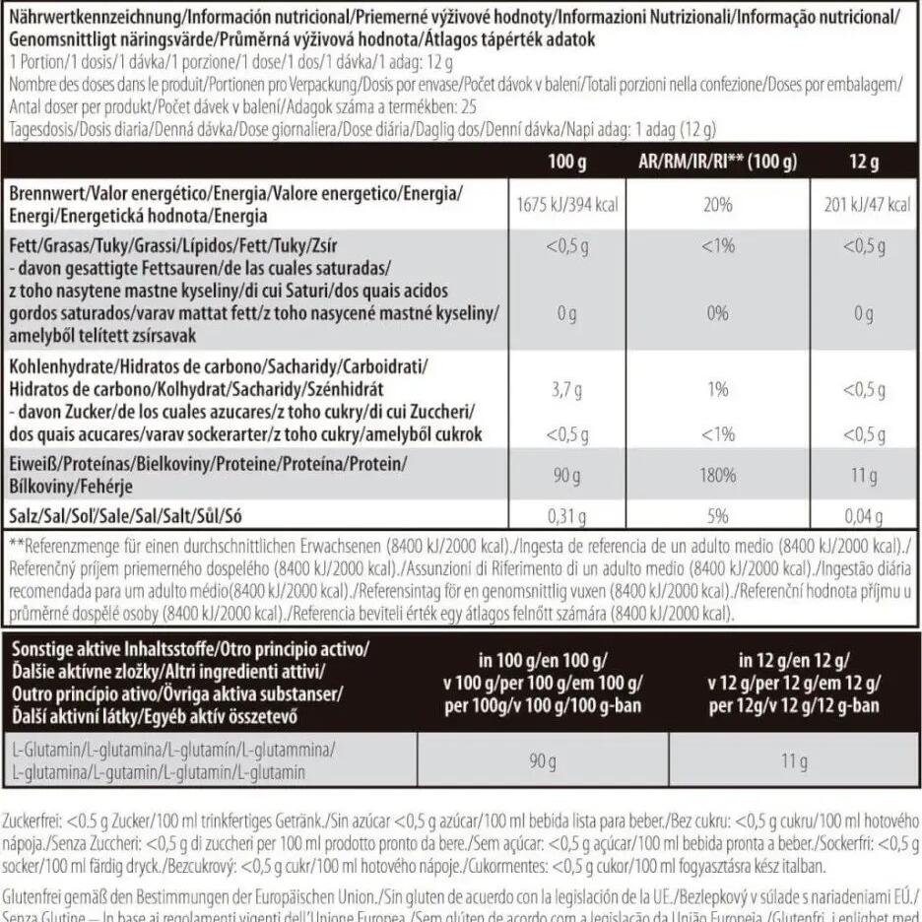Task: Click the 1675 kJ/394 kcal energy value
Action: pos(567,206)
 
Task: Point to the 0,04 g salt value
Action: pos(864,515)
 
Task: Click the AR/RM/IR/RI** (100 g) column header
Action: pos(711,162)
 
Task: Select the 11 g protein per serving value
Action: pos(864,476)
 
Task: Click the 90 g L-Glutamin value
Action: pos(543,760)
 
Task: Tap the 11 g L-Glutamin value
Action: pos(794,760)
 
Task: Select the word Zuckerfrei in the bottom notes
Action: pos(33,820)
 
